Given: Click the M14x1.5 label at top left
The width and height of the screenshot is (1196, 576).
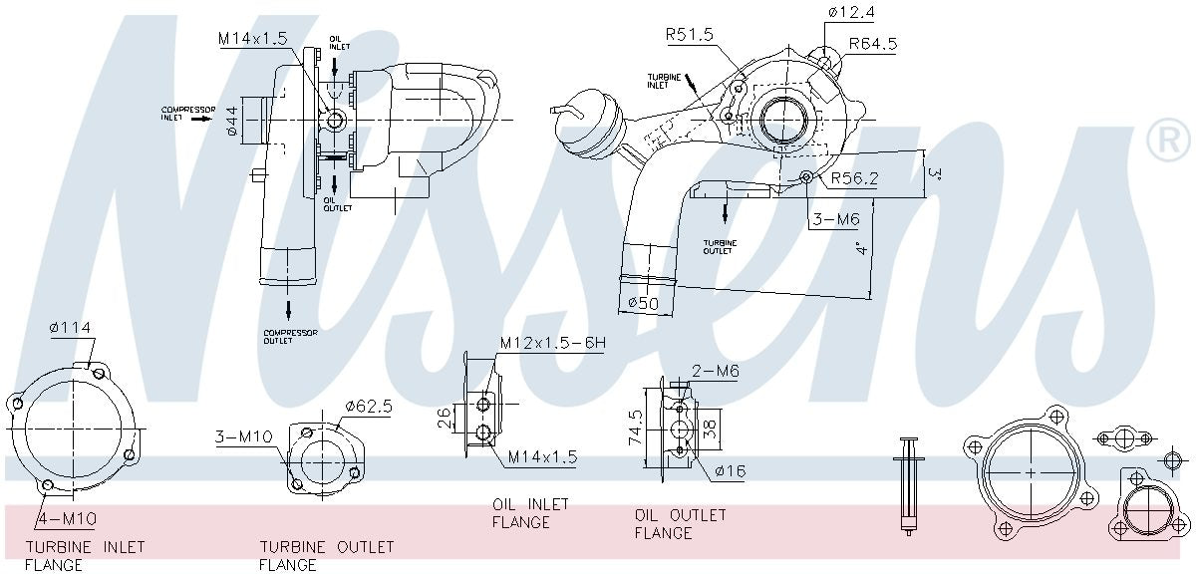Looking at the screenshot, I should click(252, 38).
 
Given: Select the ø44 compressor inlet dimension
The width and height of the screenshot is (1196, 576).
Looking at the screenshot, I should click(231, 120).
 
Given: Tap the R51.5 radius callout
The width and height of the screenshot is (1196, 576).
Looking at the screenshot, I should click(691, 34).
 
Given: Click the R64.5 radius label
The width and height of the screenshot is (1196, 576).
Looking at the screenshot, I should click(873, 44).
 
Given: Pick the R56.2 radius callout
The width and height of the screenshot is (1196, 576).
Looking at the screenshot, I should click(854, 179).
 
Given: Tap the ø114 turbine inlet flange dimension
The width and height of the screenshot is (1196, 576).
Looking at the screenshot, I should click(70, 328).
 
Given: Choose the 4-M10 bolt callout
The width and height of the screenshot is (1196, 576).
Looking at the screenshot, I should click(67, 517).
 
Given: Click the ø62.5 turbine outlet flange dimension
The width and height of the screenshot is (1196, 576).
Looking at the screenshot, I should click(368, 407).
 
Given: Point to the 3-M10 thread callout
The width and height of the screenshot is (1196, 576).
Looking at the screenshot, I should click(244, 436).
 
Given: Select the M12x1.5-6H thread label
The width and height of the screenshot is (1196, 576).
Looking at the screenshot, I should click(552, 344).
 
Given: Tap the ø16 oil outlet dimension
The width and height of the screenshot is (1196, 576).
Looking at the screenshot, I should click(729, 470).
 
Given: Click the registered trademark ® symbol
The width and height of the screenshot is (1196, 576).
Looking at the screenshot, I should click(1167, 141).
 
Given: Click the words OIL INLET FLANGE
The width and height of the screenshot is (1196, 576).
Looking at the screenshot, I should click(530, 513).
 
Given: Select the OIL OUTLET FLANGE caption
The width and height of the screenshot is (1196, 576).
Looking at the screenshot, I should click(681, 524).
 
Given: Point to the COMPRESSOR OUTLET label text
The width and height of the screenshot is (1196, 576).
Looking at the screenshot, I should click(290, 337).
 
